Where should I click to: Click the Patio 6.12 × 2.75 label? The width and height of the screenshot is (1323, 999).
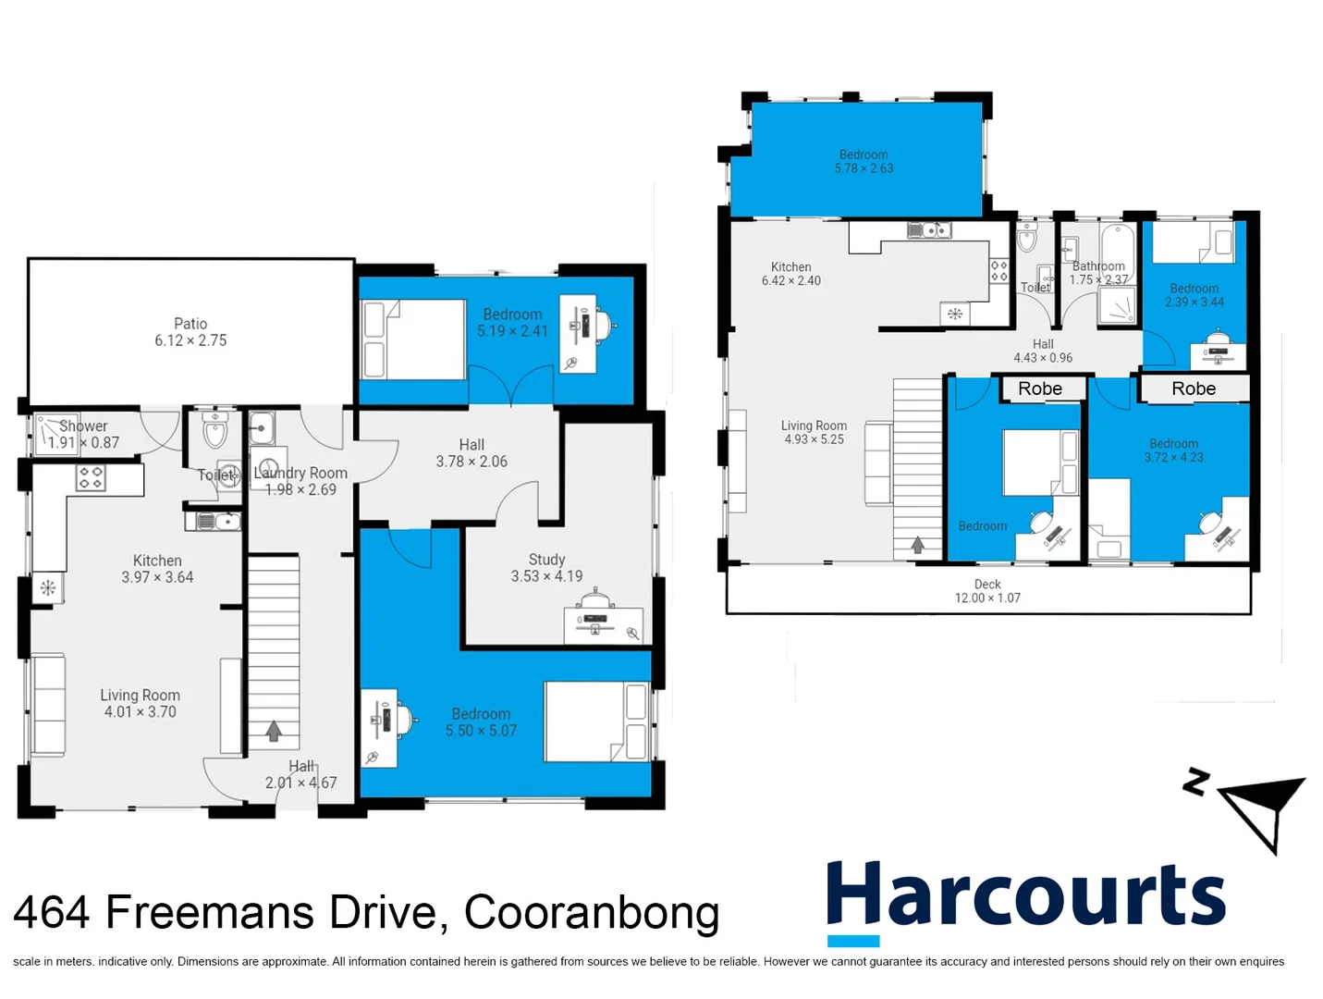click(190, 332)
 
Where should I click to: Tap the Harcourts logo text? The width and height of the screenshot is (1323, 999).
click(1025, 894)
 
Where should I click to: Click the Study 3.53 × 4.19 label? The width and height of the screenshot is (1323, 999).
click(546, 568)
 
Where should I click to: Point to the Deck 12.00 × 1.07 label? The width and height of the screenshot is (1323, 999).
click(987, 591)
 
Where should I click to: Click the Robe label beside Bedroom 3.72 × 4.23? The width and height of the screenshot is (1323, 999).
click(1194, 388)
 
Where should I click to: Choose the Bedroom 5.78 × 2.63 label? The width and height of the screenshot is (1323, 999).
click(864, 162)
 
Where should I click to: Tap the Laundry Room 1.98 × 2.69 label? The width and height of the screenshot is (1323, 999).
click(300, 481)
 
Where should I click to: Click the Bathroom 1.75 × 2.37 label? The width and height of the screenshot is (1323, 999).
click(1098, 273)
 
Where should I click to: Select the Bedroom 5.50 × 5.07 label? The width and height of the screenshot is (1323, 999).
click(481, 722)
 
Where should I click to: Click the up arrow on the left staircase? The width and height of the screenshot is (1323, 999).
click(274, 731)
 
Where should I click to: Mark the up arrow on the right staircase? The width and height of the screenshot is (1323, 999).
click(918, 545)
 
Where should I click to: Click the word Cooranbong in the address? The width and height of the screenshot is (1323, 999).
click(592, 912)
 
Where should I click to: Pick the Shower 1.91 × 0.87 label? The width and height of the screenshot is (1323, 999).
click(83, 434)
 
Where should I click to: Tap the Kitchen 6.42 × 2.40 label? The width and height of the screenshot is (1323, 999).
click(790, 274)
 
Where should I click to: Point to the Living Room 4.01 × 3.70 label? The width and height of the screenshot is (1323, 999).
click(140, 703)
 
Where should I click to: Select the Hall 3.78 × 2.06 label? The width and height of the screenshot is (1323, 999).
click(472, 453)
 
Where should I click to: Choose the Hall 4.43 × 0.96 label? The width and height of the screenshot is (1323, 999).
click(1043, 351)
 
